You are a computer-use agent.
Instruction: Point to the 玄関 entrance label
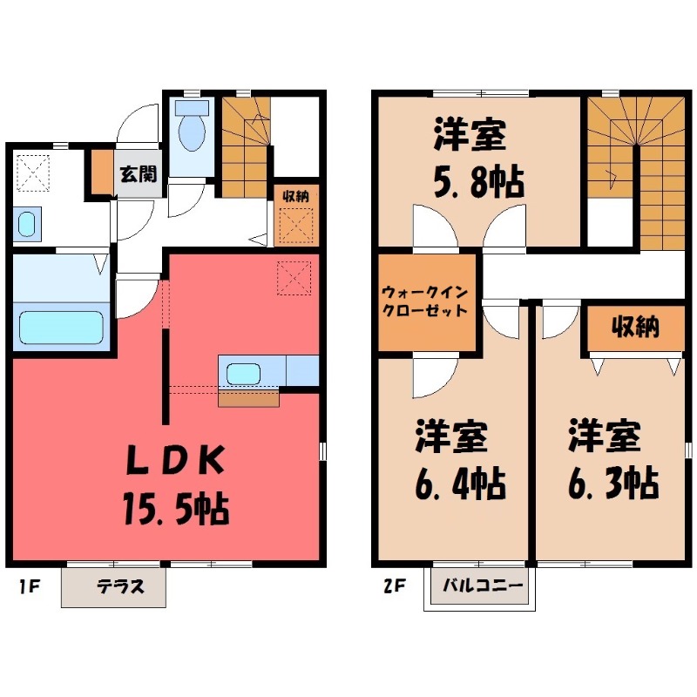pos(137,173)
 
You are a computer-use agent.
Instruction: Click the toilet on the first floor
pos(190,129)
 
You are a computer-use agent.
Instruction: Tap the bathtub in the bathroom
pos(60,328)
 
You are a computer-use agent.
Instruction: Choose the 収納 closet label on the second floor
pos(633,328)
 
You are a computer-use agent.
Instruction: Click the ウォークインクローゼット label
pos(424,301)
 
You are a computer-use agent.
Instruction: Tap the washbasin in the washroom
pos(26,225)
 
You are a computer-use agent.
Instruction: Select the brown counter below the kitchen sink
pos(248,398)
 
